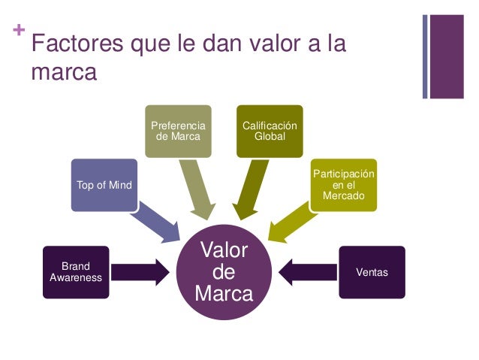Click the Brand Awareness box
point(76,271)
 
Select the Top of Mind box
point(104,185)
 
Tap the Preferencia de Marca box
point(178,131)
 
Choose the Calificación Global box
point(270,131)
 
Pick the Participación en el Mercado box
point(343,185)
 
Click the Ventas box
point(372,271)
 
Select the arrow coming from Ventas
point(307,271)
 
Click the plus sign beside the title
point(18,32)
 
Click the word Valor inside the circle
point(224,250)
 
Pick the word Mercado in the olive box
point(343,195)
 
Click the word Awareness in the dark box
point(76,277)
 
